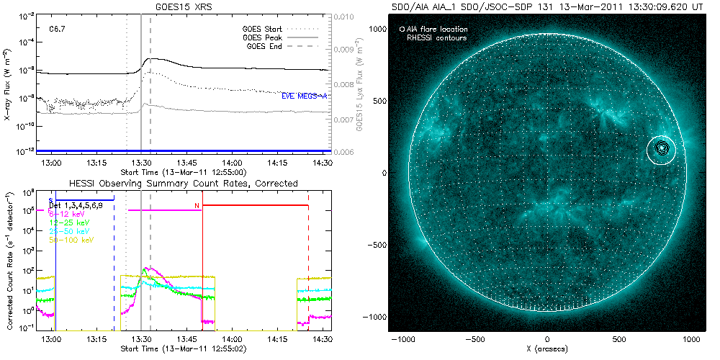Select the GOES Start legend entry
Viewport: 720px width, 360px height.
[261, 29]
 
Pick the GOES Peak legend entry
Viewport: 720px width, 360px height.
[261, 37]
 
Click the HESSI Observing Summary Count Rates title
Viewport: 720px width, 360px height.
[183, 184]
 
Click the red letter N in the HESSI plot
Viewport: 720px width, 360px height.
[197, 206]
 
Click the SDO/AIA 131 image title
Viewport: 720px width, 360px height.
[547, 6]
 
